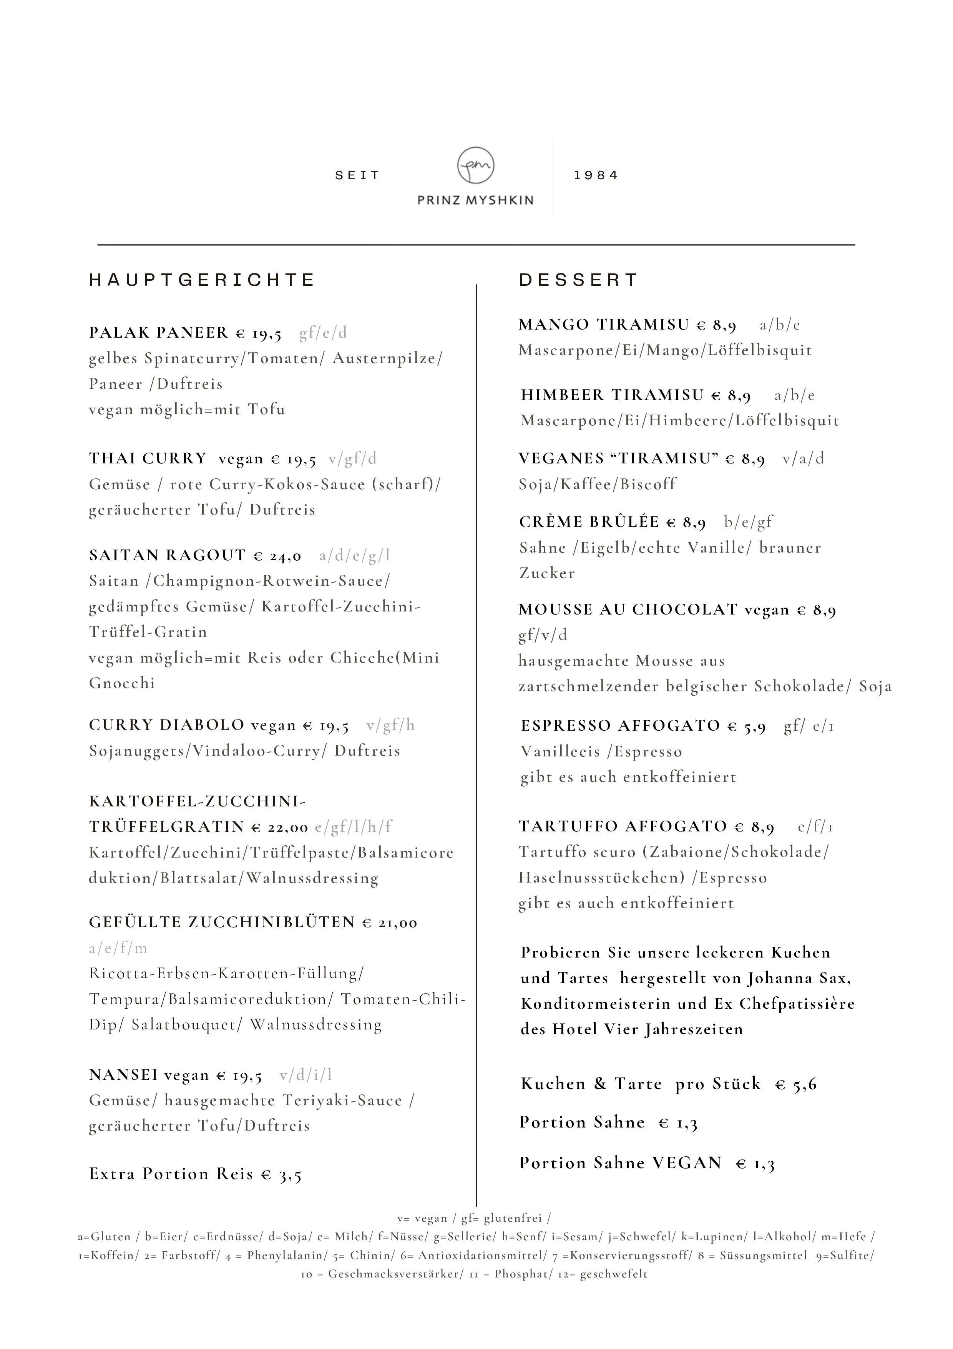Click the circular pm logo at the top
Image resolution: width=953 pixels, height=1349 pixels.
[476, 166]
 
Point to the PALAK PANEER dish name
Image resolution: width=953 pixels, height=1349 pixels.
[159, 333]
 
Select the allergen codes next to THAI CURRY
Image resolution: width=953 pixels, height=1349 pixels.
[353, 459]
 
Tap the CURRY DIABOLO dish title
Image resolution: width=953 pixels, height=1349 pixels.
[167, 725]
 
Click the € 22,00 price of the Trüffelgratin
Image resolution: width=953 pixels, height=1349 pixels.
[280, 827]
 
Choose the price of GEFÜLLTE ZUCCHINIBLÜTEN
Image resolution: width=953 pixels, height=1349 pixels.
[390, 923]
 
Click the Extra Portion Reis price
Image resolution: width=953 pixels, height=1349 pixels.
[281, 1174]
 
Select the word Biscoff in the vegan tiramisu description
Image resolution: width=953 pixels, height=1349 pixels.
[648, 484]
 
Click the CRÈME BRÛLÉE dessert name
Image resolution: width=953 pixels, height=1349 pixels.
[589, 522]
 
